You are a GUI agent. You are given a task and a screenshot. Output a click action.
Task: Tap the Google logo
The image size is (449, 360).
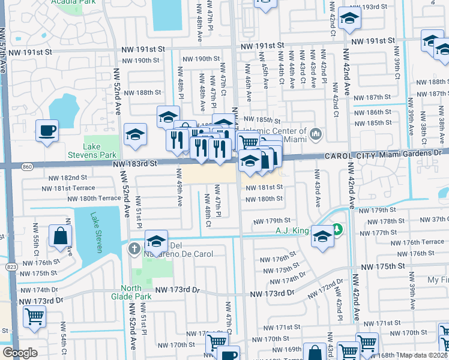(20, 353)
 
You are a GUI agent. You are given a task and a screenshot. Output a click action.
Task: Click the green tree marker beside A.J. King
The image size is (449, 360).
(337, 229)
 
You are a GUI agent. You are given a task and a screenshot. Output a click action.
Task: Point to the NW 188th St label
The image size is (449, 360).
(141, 92)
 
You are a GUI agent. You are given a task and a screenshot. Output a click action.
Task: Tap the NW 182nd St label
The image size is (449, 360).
(67, 178)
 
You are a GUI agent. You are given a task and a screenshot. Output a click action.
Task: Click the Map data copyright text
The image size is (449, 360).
(424, 355)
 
